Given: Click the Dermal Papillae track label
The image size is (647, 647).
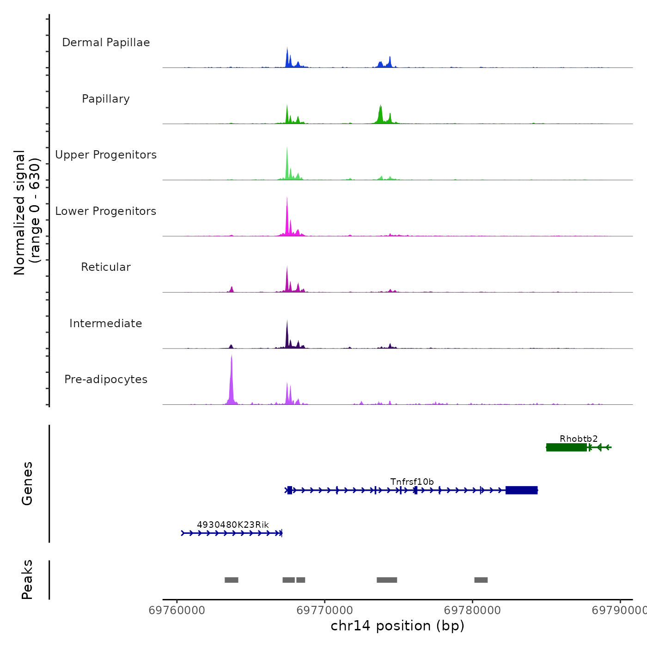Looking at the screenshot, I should (106, 43).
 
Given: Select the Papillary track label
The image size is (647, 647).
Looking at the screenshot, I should (106, 99).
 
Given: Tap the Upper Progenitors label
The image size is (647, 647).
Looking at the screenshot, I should (106, 155).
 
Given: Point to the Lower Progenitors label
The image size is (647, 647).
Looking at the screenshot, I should (106, 211).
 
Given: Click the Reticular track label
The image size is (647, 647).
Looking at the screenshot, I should (106, 267).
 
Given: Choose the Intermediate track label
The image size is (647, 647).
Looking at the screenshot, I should (106, 323).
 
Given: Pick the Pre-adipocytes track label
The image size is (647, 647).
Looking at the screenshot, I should (106, 379).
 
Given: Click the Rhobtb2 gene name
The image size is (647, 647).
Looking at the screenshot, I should (579, 439).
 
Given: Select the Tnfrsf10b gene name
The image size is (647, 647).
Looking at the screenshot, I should (412, 482).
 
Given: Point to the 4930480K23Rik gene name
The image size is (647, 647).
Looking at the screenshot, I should (233, 525).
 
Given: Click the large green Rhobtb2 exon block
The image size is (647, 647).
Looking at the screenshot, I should (566, 447).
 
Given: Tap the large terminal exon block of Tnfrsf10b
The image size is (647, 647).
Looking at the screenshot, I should (521, 490).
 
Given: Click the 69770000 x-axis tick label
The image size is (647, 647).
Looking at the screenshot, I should (325, 610).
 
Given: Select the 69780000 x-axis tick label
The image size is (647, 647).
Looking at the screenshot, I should (472, 610).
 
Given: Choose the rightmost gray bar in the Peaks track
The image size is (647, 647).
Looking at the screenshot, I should (481, 580).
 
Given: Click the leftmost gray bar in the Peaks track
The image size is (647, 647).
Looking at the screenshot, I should (231, 580).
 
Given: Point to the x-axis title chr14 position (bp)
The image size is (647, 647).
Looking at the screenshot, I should (397, 626).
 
